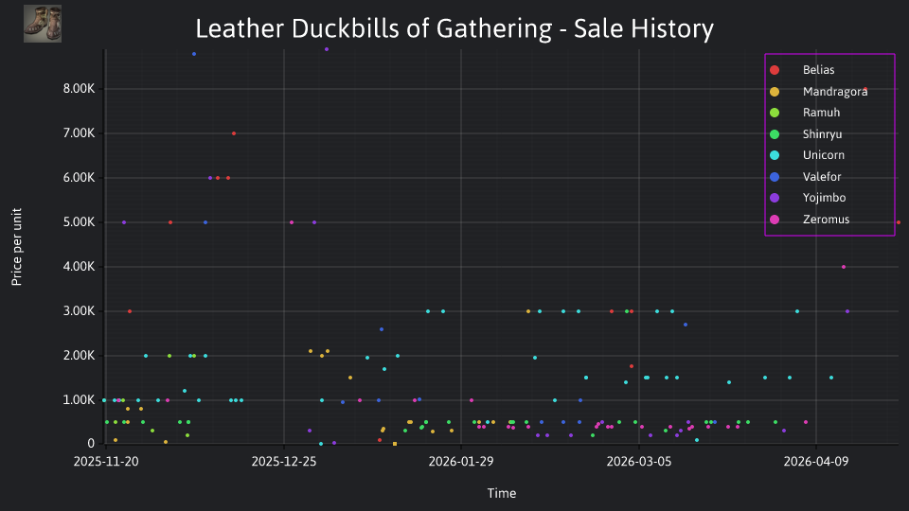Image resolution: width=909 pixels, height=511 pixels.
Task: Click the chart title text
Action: point(454,28)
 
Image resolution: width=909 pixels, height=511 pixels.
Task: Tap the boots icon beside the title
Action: point(43,24)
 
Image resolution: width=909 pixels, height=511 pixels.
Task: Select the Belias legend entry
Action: point(802,70)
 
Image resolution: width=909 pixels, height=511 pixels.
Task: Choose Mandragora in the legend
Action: point(818,92)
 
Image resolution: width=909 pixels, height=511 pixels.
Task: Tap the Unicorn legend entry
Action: point(807,155)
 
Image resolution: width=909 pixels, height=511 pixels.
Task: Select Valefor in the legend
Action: point(805,177)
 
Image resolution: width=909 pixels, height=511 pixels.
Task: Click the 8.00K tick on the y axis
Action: point(79,89)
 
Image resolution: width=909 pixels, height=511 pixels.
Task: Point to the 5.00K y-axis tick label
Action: point(79,222)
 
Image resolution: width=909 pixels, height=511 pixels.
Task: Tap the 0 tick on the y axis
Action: point(91,444)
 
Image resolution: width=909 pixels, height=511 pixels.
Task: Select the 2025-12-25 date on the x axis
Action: point(284,462)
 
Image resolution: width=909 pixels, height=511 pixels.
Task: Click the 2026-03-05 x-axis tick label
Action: point(639,462)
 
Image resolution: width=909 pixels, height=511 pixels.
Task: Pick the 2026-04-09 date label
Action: point(816,462)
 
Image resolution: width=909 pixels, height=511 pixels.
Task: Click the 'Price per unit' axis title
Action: point(17,247)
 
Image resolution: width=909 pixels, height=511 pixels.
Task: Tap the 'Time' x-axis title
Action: point(502,493)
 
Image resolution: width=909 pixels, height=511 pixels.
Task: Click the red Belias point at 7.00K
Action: point(234,133)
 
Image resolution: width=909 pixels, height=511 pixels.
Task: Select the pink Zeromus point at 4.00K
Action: point(844,267)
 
